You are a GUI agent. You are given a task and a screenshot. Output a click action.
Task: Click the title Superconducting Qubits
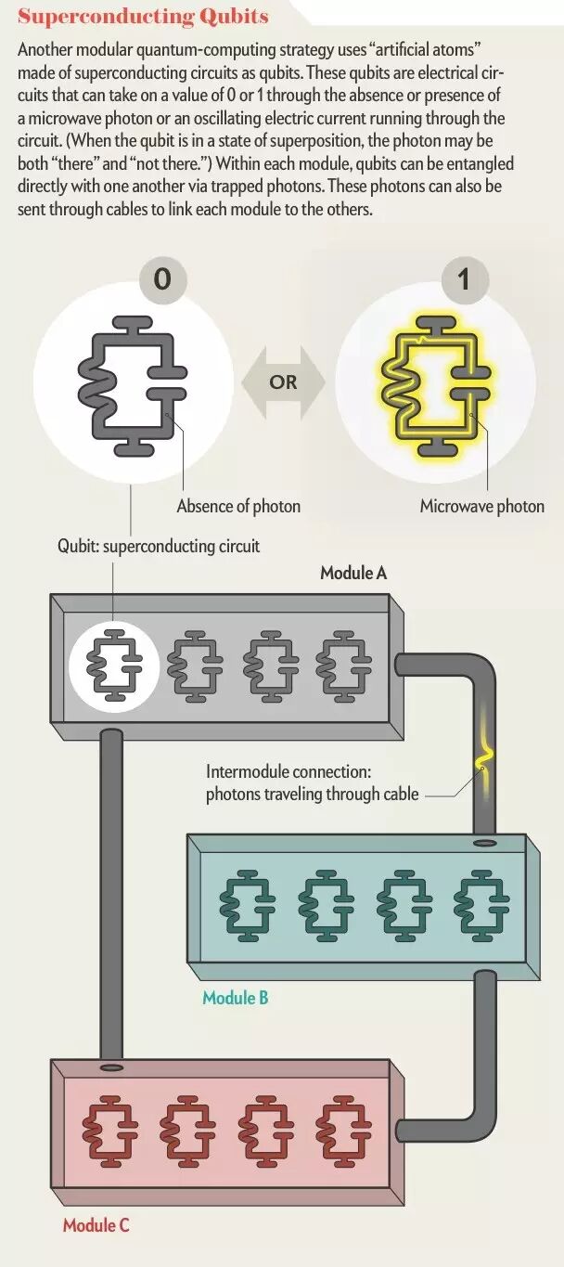[143, 17]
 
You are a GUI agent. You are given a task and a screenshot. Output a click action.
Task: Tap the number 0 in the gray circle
[162, 278]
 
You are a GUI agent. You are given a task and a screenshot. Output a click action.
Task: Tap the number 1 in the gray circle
[465, 278]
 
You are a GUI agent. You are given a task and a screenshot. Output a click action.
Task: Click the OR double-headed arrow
[283, 381]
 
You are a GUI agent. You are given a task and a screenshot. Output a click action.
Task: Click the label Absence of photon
[238, 506]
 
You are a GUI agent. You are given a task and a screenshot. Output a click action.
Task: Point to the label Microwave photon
[481, 506]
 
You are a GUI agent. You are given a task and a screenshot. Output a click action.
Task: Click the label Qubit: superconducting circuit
[159, 546]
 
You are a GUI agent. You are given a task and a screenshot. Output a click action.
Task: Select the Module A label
[353, 573]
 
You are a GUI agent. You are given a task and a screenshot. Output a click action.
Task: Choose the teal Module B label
[236, 998]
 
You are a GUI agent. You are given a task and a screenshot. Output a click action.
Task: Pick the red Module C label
[96, 1225]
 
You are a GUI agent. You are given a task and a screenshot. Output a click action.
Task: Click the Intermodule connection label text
[313, 782]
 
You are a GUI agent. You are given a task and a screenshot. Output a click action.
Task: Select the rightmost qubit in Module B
[481, 899]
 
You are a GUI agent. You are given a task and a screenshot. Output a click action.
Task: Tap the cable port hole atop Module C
[110, 1067]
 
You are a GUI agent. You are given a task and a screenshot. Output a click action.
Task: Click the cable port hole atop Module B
[482, 844]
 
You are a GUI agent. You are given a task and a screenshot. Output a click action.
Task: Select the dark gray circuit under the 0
[130, 382]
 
